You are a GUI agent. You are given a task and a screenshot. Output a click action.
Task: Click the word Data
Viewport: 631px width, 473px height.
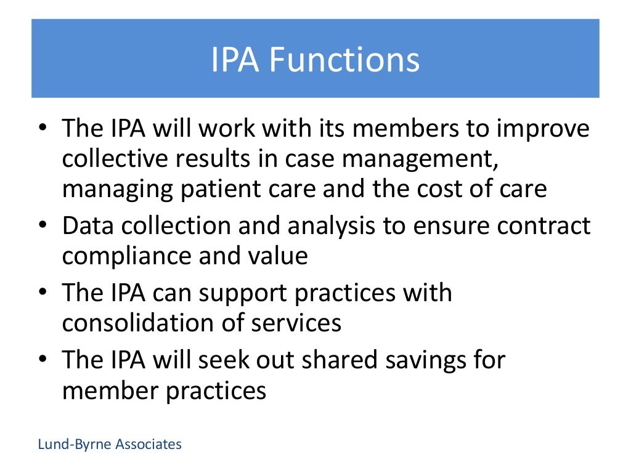pyautogui.click(x=88, y=226)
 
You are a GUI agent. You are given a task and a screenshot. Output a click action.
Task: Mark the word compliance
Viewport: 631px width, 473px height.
pyautogui.click(x=126, y=256)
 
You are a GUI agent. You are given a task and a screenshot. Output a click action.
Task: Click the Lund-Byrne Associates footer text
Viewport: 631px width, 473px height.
pyautogui.click(x=110, y=444)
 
